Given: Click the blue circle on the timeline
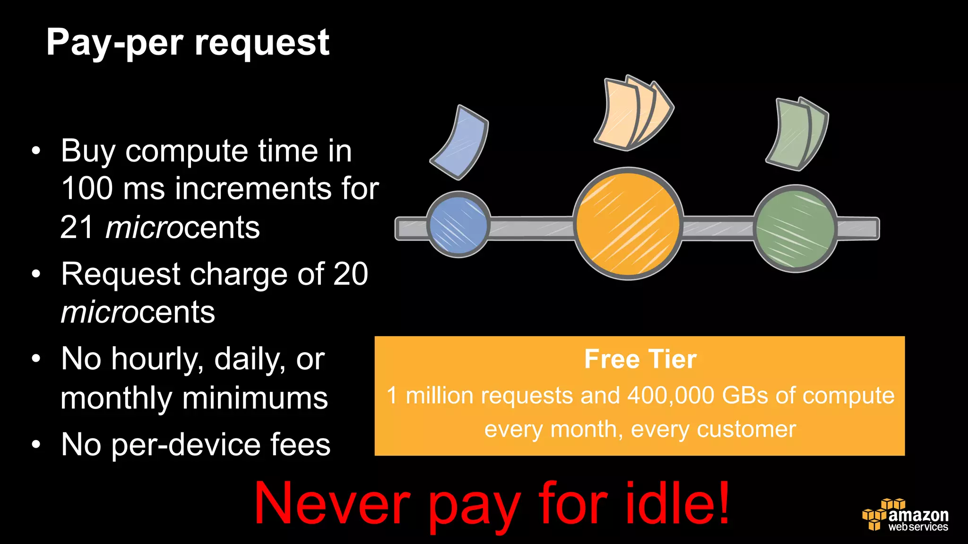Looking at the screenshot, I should (458, 225).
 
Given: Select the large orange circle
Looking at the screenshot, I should (628, 223).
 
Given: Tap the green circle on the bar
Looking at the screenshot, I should (795, 229).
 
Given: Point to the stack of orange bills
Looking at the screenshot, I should (632, 114).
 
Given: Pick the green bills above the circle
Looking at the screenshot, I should (797, 134).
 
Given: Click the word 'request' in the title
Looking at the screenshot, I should (262, 43).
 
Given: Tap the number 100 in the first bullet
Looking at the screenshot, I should (87, 188).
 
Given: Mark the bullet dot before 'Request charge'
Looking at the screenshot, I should (36, 274).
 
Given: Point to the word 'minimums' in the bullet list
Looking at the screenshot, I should (255, 398).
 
